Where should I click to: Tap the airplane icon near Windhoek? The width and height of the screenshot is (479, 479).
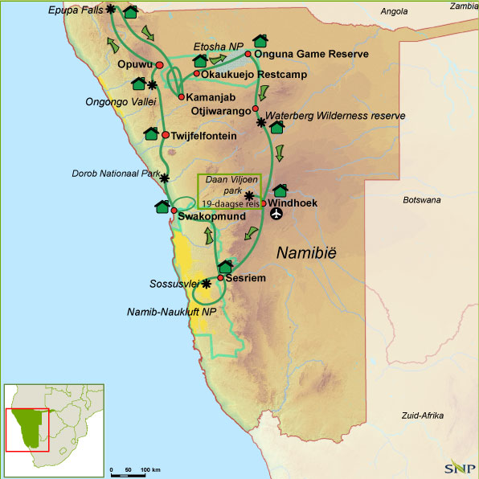278,215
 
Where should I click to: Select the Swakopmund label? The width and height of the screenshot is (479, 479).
205,218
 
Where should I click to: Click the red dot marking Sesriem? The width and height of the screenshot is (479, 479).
220,277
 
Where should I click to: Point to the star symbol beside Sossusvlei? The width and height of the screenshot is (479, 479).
207,284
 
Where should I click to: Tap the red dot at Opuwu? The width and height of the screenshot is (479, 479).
160,65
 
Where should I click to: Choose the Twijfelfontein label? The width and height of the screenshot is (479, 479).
204,136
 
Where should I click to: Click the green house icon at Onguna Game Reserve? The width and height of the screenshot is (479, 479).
260,40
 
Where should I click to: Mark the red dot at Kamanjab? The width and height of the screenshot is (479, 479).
182,96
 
